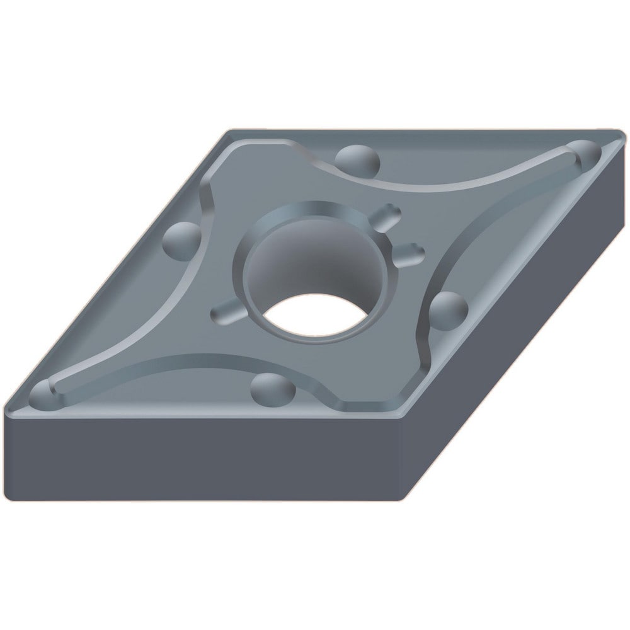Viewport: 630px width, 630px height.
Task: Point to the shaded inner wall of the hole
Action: click(296, 258)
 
